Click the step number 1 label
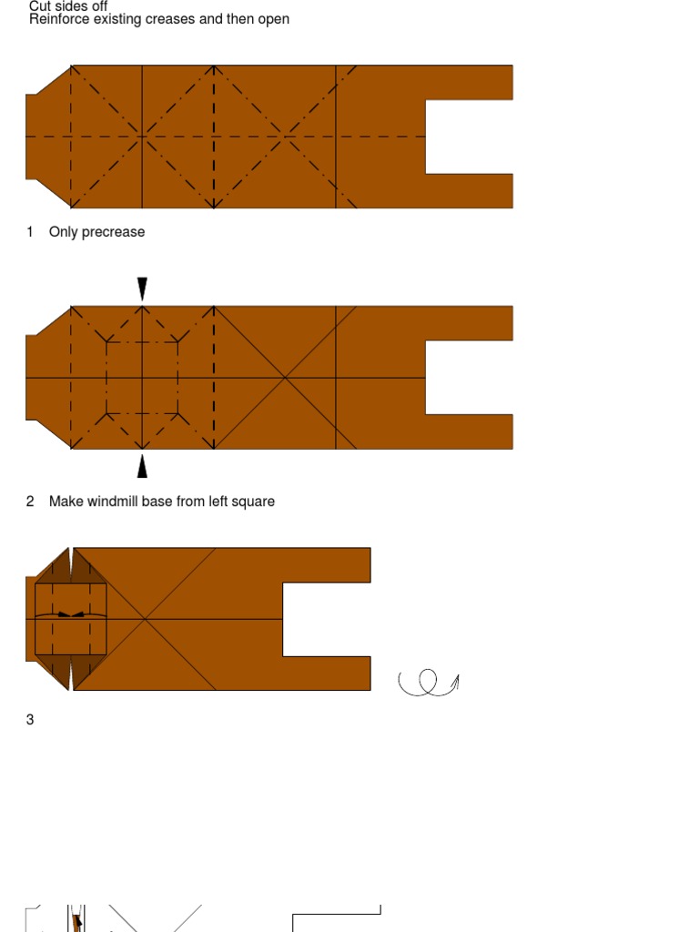pos(30,232)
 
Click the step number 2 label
pos(30,501)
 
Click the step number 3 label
pos(30,719)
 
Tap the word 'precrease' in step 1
pos(113,232)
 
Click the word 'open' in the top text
pos(273,20)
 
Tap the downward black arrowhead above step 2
pos(142,289)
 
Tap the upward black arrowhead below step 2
pos(142,466)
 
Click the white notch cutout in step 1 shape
pos(469,137)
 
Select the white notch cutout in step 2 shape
pos(469,378)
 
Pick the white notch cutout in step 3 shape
pos(327,619)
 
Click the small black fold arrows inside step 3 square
pos(71,614)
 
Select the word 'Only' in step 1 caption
pos(63,232)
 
